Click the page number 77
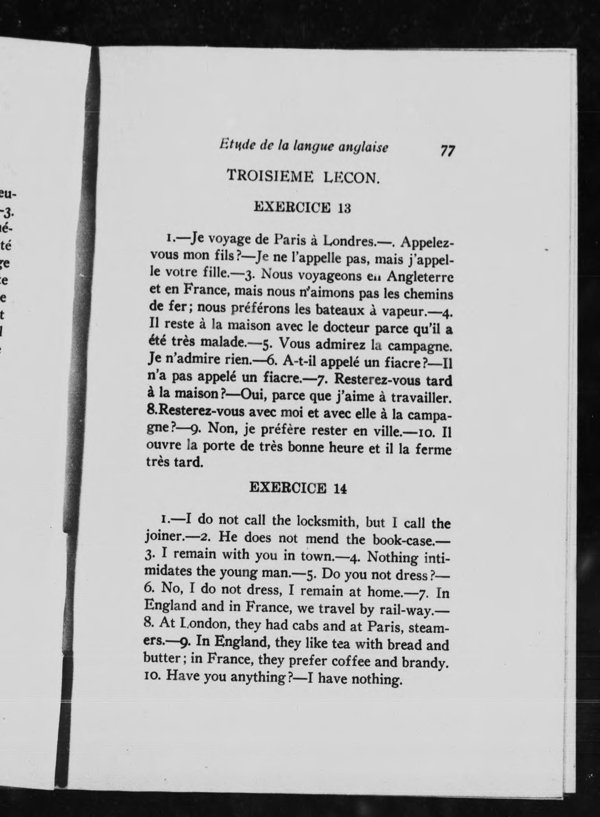point(447,151)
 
